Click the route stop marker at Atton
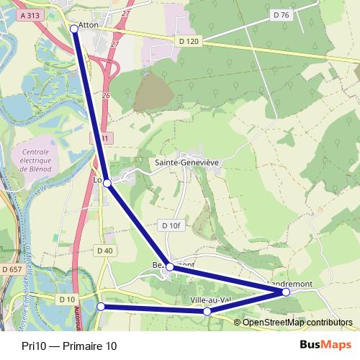point(75,29)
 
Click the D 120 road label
point(186,42)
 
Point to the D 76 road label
point(282,15)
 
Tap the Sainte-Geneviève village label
point(187,163)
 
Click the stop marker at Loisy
point(107,183)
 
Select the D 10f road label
point(171,226)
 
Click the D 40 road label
point(104,251)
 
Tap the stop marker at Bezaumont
point(170,267)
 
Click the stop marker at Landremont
point(286,292)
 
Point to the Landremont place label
point(291,284)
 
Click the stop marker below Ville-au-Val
point(207,311)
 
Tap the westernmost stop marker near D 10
point(102,307)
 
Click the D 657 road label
point(12,269)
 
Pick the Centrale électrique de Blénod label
point(36,160)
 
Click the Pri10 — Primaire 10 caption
point(68,346)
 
